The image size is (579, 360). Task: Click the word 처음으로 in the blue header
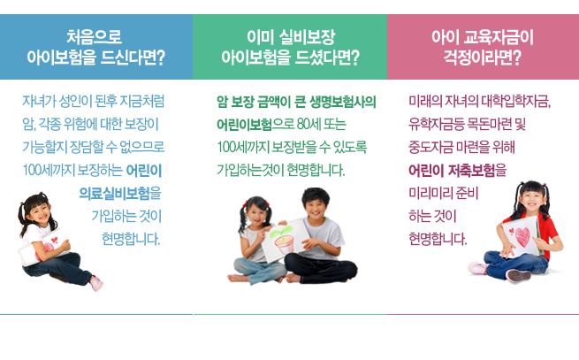(x=95, y=37)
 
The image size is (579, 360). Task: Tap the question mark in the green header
(x=354, y=57)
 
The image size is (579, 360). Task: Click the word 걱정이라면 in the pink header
(x=478, y=57)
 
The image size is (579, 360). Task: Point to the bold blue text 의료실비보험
(x=114, y=194)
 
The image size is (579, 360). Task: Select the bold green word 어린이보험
(x=244, y=125)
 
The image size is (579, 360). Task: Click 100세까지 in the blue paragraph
(x=49, y=171)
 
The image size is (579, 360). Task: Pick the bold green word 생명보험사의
(x=343, y=102)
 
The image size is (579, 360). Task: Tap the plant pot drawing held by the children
(x=283, y=241)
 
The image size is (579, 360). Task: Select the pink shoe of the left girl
(x=96, y=283)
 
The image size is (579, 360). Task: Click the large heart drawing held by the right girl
(x=522, y=237)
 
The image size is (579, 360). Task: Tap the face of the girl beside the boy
(x=256, y=215)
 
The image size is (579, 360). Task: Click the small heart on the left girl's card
(x=55, y=240)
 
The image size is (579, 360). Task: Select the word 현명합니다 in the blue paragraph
(x=131, y=239)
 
